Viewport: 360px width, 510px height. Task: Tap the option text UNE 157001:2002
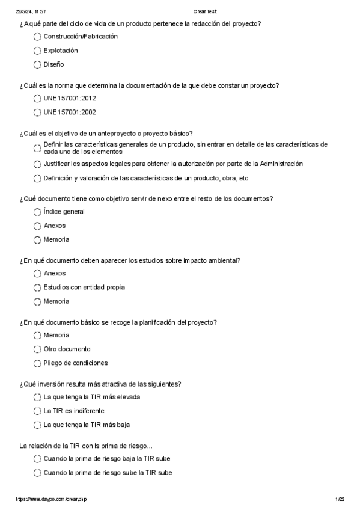[x=70, y=112]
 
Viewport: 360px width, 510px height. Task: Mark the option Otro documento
[x=67, y=349]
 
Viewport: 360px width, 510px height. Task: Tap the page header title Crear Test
[x=205, y=11]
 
